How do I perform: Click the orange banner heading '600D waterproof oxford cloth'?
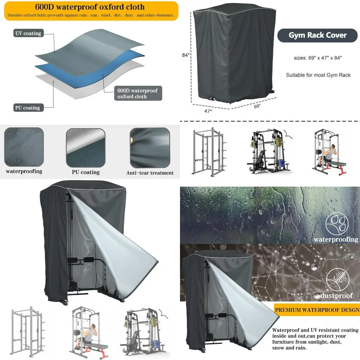pos(90,7)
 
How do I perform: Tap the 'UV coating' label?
pos(28,33)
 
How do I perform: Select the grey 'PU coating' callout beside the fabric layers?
pos(27,108)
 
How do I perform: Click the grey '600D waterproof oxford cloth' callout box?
pos(138,93)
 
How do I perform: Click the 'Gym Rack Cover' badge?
pos(318,35)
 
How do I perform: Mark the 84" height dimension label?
pos(185,55)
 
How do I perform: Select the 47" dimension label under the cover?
pos(208,111)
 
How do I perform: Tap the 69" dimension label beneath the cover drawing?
pos(257,106)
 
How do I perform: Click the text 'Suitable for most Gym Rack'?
pos(318,75)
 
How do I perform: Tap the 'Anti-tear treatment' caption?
pos(150,173)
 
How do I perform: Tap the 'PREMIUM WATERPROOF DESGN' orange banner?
pos(316,309)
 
